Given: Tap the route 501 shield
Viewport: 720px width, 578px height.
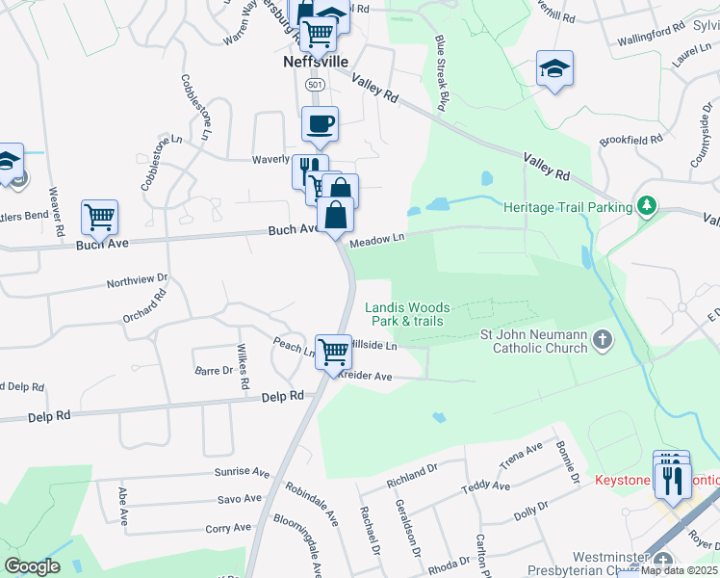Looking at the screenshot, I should [314, 86].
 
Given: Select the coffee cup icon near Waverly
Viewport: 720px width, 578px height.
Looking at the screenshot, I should [320, 123].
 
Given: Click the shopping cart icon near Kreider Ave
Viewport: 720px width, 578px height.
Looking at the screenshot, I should [333, 352].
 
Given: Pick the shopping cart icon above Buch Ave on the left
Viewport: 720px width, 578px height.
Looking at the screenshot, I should [99, 218].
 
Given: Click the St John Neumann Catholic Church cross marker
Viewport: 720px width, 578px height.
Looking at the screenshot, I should [602, 339].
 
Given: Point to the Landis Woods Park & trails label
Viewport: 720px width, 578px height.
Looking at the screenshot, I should [407, 314].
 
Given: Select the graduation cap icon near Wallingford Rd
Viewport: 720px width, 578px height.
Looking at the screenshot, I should [554, 68].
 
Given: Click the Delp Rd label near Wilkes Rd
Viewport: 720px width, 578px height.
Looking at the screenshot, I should [284, 396].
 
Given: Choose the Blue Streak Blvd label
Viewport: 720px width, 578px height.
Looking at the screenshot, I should [443, 72].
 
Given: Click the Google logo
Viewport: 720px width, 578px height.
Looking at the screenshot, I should [32, 566].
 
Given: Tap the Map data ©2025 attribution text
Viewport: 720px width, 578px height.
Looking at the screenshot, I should [679, 570].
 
